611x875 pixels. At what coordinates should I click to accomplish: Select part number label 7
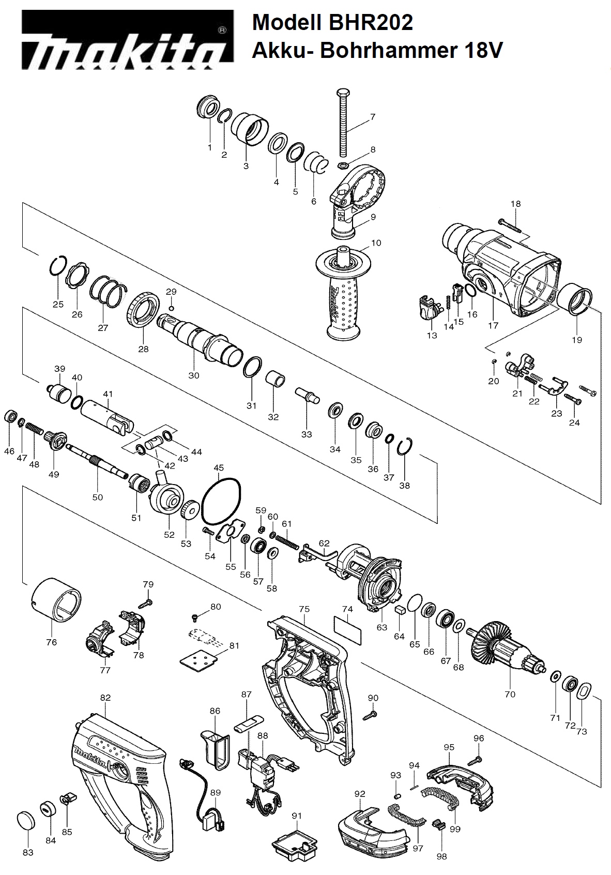(373, 117)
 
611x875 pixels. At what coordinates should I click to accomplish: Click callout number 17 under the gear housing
(493, 325)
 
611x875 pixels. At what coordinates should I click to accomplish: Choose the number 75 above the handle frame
(304, 609)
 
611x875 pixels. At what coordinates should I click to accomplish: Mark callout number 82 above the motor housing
(105, 698)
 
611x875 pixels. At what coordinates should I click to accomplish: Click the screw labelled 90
(370, 716)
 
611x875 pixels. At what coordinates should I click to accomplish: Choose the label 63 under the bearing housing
(381, 627)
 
